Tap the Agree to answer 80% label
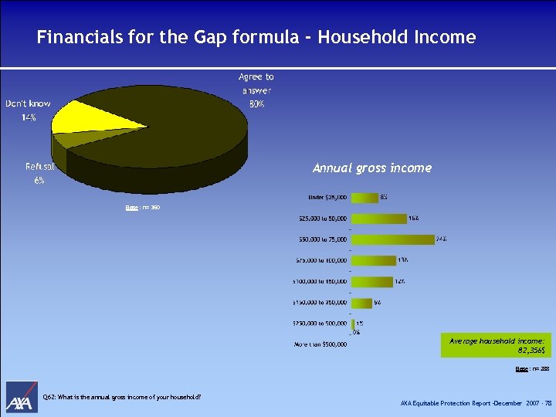click(256, 90)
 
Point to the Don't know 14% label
click(28, 110)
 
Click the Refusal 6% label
click(39, 173)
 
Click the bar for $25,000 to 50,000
click(378, 219)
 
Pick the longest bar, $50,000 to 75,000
click(392, 239)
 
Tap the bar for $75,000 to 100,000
click(373, 261)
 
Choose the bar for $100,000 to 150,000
click(371, 282)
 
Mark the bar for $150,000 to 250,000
click(361, 303)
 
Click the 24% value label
click(441, 239)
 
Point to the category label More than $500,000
click(320, 344)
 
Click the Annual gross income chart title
click(371, 168)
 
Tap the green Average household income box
click(497, 345)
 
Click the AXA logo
click(22, 398)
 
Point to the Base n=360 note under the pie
click(143, 208)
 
